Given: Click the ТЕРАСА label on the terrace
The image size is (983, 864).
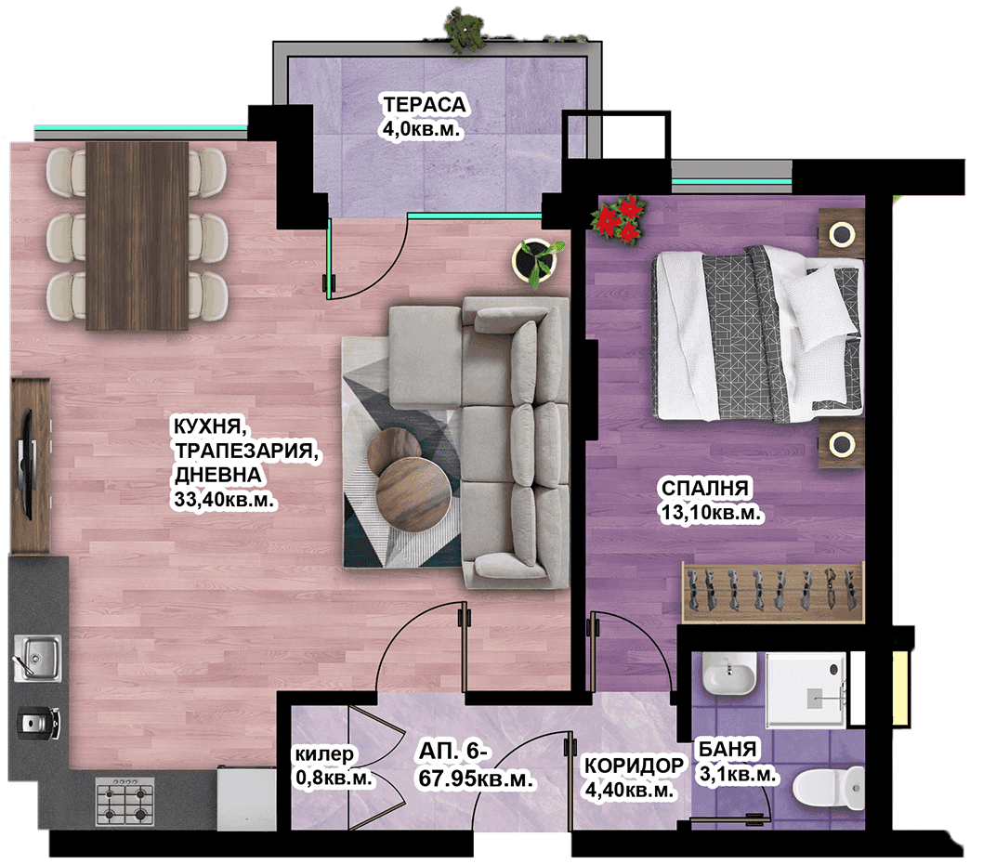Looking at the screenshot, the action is coord(425,104).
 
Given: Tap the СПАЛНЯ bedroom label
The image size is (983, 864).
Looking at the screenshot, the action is coord(704,487).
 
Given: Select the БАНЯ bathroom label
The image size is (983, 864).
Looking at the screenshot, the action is coord(727,749).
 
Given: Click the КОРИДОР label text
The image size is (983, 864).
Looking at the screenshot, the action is coord(634,765).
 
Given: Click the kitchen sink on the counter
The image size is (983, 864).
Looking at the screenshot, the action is coord(37,658).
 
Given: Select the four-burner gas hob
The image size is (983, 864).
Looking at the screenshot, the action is coord(125,802).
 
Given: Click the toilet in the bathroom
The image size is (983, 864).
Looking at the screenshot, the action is coord(828,788).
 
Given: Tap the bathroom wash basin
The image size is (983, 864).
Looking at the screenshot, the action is coord(728,674).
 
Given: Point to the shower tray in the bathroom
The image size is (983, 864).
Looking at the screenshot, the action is coord(806,689).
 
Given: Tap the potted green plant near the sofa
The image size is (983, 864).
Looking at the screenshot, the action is coord(537,260).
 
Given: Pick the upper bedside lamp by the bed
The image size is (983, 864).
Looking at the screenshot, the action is coord(841,234).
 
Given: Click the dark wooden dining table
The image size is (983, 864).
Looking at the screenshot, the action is coord(138,236).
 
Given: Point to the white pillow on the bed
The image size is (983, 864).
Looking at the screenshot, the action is coord(819,305).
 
